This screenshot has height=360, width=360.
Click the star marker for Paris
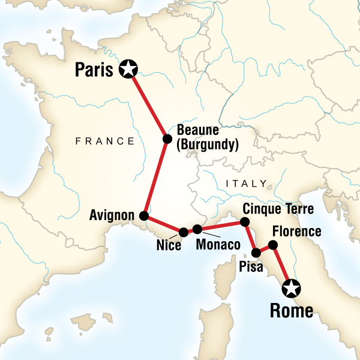coord(127,70)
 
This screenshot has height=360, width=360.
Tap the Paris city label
coord(94,70)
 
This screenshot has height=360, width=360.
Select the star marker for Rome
coord(292,289)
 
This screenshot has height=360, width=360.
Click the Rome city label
coord(292,311)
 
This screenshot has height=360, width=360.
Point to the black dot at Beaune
coord(167,139)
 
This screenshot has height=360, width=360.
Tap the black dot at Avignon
coord(144,215)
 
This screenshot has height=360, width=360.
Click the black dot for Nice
coord(184,232)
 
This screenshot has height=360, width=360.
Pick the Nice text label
coord(169,245)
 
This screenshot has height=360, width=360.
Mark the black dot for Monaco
coord(197,229)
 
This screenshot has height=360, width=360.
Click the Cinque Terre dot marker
coord(245,222)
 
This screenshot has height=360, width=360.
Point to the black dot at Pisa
coord(256,253)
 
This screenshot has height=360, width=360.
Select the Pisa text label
coord(250,267)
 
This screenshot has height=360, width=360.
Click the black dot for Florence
coord(272,244)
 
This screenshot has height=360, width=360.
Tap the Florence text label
coord(296,232)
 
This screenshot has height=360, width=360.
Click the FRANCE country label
coord(105,142)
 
